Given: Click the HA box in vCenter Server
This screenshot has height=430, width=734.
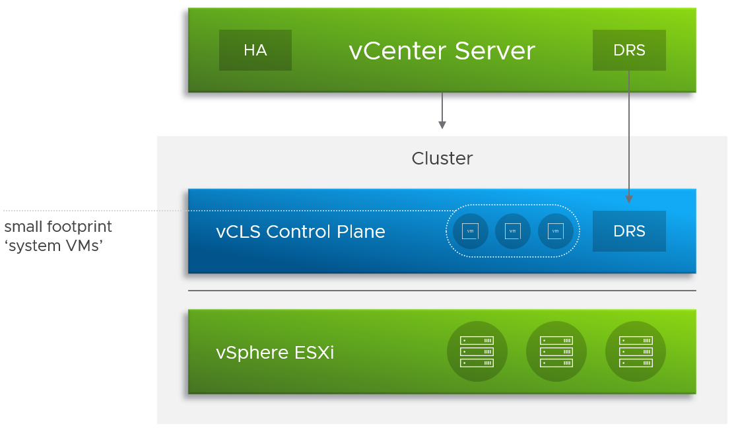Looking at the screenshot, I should click(x=255, y=50).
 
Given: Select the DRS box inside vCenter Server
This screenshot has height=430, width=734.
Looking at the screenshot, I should click(x=628, y=50).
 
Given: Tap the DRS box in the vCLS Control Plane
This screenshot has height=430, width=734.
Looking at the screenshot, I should click(x=628, y=231).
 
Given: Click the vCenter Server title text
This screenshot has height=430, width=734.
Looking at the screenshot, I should click(x=442, y=51).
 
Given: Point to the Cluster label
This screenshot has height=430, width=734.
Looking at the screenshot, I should click(x=442, y=159).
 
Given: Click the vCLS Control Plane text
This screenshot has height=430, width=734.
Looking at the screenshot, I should click(x=300, y=232).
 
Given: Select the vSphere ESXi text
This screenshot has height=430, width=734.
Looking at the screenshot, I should click(x=275, y=353).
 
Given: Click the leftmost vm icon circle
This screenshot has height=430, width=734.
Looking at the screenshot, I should click(x=470, y=231).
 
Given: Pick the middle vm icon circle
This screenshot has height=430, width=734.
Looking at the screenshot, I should click(x=512, y=231).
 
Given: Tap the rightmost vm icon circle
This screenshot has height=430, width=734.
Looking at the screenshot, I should click(x=556, y=231).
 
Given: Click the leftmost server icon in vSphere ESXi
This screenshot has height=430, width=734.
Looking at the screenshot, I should click(x=477, y=351).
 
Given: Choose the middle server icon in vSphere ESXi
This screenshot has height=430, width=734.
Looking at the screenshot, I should click(x=556, y=351).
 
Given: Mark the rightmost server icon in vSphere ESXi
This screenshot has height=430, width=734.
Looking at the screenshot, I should click(x=635, y=351).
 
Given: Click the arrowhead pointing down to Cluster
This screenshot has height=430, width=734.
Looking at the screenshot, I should click(x=442, y=125).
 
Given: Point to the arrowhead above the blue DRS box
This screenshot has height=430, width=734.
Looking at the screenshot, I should click(x=628, y=199).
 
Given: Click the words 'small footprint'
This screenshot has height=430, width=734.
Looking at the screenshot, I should click(x=58, y=227).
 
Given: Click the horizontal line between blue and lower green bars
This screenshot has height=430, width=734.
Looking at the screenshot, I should click(x=442, y=291).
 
